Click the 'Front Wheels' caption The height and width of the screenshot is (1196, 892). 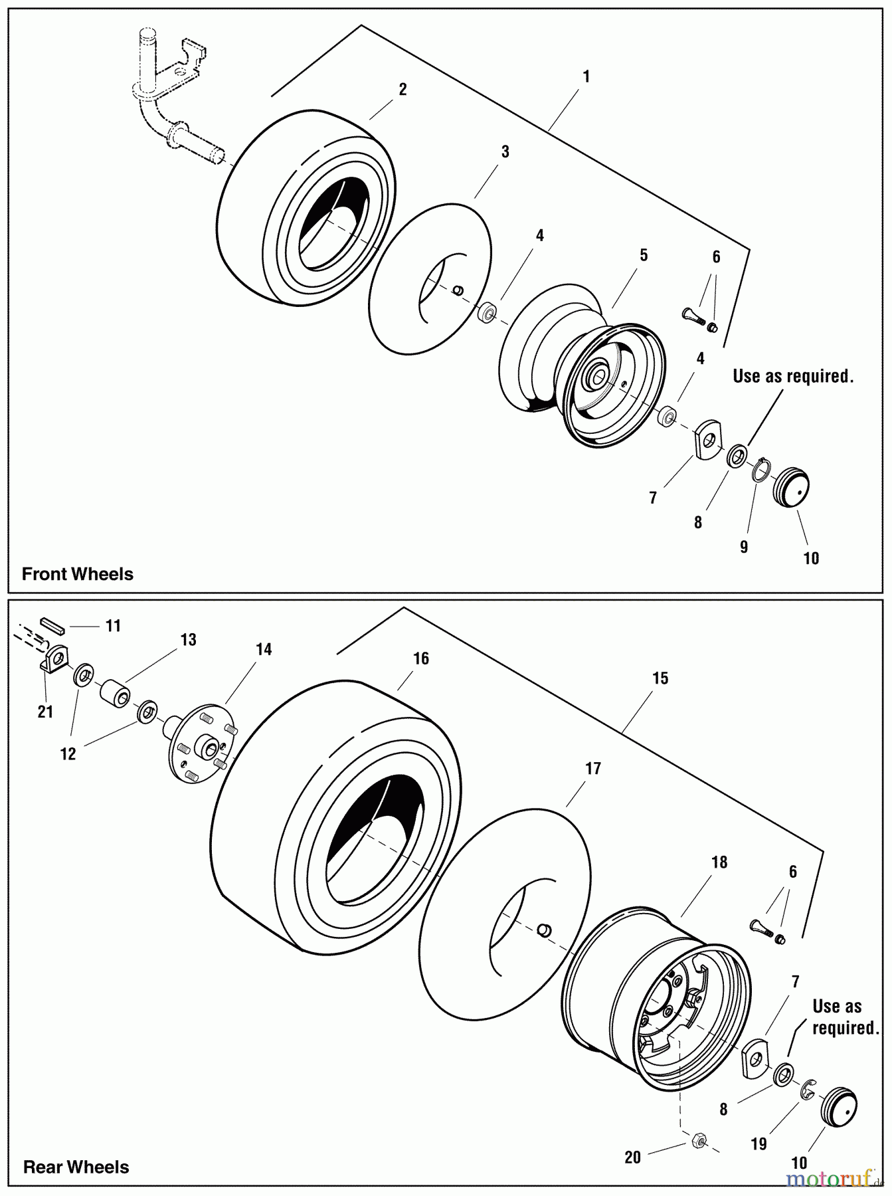point(77,574)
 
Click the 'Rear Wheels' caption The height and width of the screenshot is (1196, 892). point(76,1167)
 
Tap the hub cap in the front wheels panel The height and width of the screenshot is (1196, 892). point(791,488)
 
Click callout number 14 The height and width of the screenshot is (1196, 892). point(264,649)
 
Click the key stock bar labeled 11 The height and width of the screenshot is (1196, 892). point(50,624)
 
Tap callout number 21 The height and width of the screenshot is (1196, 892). point(45,712)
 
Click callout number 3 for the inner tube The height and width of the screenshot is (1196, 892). point(505,151)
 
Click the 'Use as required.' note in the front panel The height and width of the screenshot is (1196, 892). point(792,376)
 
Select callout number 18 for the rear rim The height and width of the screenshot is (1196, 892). point(719,862)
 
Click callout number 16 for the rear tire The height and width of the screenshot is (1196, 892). point(420,658)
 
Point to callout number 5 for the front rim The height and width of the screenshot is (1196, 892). point(644,255)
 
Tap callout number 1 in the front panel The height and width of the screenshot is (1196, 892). point(586,77)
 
